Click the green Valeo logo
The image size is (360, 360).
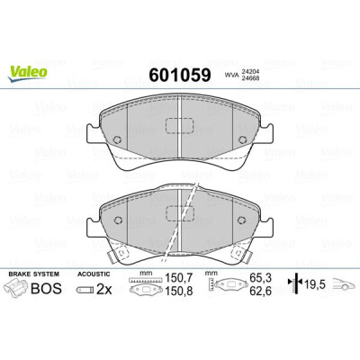28,73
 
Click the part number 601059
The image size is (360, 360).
180,75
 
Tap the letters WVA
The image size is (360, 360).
232,76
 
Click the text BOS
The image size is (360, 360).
47,288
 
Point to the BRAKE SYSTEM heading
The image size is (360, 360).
33,274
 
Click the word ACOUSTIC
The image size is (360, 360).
94,274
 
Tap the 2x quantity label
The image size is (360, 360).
104,290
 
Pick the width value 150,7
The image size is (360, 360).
179,278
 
